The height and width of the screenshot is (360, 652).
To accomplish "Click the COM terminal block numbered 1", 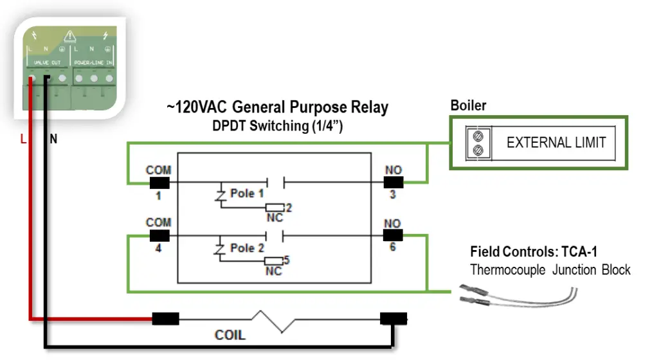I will pyautogui.click(x=158, y=182).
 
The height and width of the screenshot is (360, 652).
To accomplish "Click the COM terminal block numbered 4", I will pyautogui.click(x=158, y=234).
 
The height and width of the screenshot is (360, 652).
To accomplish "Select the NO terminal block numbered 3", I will pyautogui.click(x=393, y=182).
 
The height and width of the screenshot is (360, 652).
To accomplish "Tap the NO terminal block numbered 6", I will pyautogui.click(x=393, y=235).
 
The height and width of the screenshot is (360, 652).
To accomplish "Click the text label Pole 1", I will pyautogui.click(x=247, y=194).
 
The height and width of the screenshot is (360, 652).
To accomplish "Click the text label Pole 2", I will pyautogui.click(x=247, y=248).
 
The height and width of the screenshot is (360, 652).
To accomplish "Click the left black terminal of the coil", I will pyautogui.click(x=165, y=318).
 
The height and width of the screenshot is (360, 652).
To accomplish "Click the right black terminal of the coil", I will pyautogui.click(x=393, y=318).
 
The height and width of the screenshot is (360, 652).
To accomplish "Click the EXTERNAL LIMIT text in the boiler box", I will pyautogui.click(x=556, y=143).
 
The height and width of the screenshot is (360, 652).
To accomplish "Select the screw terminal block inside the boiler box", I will pyautogui.click(x=477, y=143).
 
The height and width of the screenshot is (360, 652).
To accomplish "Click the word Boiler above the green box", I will pyautogui.click(x=468, y=105).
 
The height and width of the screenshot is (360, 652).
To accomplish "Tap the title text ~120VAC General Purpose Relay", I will pyautogui.click(x=277, y=107).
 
